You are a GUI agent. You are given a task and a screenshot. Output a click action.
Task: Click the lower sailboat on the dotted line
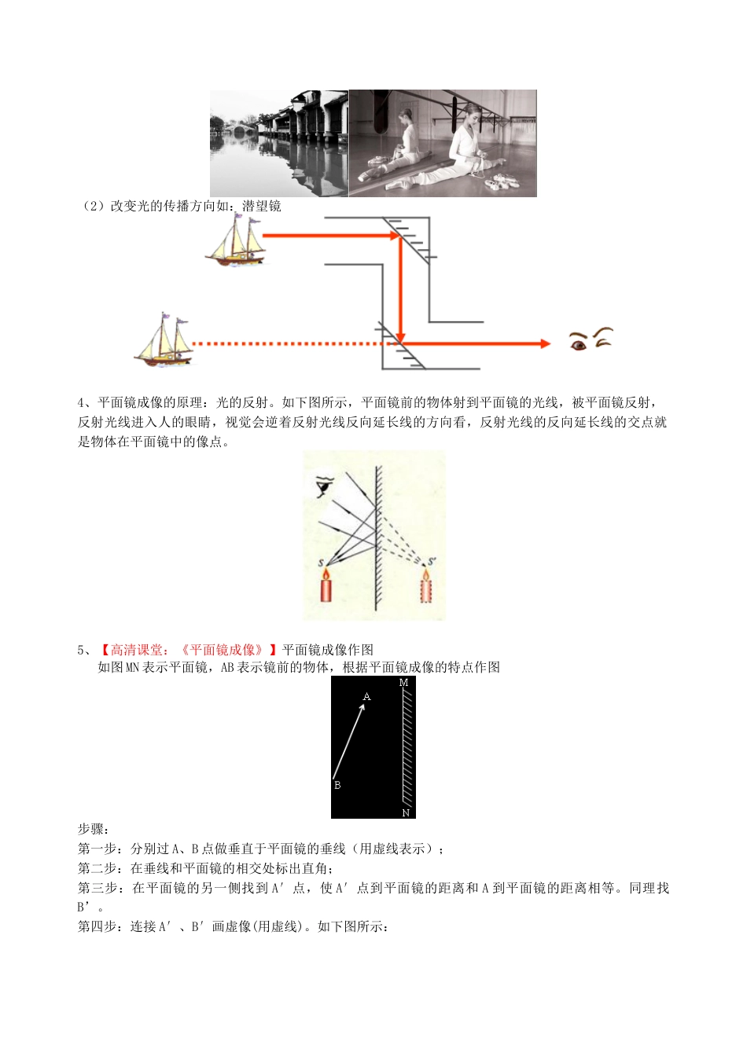point(164,340)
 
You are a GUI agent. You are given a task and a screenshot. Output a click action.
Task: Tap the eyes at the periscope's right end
point(591,339)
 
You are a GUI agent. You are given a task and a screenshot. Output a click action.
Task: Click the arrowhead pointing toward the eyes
point(544,343)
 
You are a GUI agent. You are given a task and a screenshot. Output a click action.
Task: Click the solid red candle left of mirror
point(326,585)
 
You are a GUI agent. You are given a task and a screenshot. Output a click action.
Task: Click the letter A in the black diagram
point(366,697)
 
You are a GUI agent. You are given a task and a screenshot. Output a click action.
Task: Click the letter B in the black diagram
point(337,785)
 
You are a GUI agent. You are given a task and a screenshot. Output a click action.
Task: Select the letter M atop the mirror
point(404,684)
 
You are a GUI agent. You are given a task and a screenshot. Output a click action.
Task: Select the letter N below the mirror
point(406,812)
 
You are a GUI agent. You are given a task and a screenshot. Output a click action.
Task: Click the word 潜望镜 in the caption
point(261,206)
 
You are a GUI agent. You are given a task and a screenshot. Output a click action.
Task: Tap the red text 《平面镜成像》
point(223,650)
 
